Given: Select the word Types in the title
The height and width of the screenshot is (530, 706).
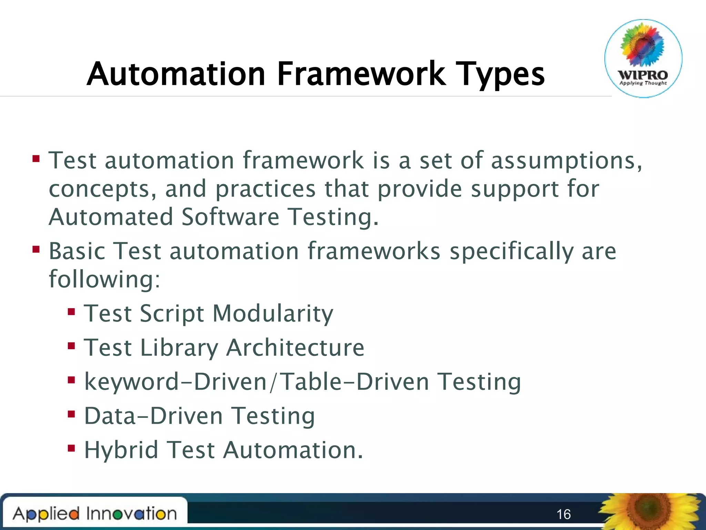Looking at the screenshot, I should tap(500, 75).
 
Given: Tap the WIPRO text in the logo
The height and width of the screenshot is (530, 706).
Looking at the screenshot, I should tap(643, 75).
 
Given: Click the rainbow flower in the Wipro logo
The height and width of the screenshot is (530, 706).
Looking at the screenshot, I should tap(643, 45).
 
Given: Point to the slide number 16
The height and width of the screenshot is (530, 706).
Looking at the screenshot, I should tap(564, 514).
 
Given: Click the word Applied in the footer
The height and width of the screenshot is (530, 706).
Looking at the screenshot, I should tap(46, 514).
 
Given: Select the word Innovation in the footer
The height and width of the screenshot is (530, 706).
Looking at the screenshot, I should tap(131, 513).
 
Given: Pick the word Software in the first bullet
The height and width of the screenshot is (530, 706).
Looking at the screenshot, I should tap(230, 217).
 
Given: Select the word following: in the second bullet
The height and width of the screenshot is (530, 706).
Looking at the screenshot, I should tap(104, 279).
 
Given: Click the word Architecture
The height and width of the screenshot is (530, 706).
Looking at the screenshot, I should tap(295, 347).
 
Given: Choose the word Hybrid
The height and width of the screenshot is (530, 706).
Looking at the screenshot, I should tap(121, 450).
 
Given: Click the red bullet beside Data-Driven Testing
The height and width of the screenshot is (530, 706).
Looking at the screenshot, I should tap(71, 414).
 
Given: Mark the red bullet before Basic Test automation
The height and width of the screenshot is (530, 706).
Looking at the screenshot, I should tap(36, 249).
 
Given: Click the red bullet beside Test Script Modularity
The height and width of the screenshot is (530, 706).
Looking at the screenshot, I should tap(71, 312).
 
